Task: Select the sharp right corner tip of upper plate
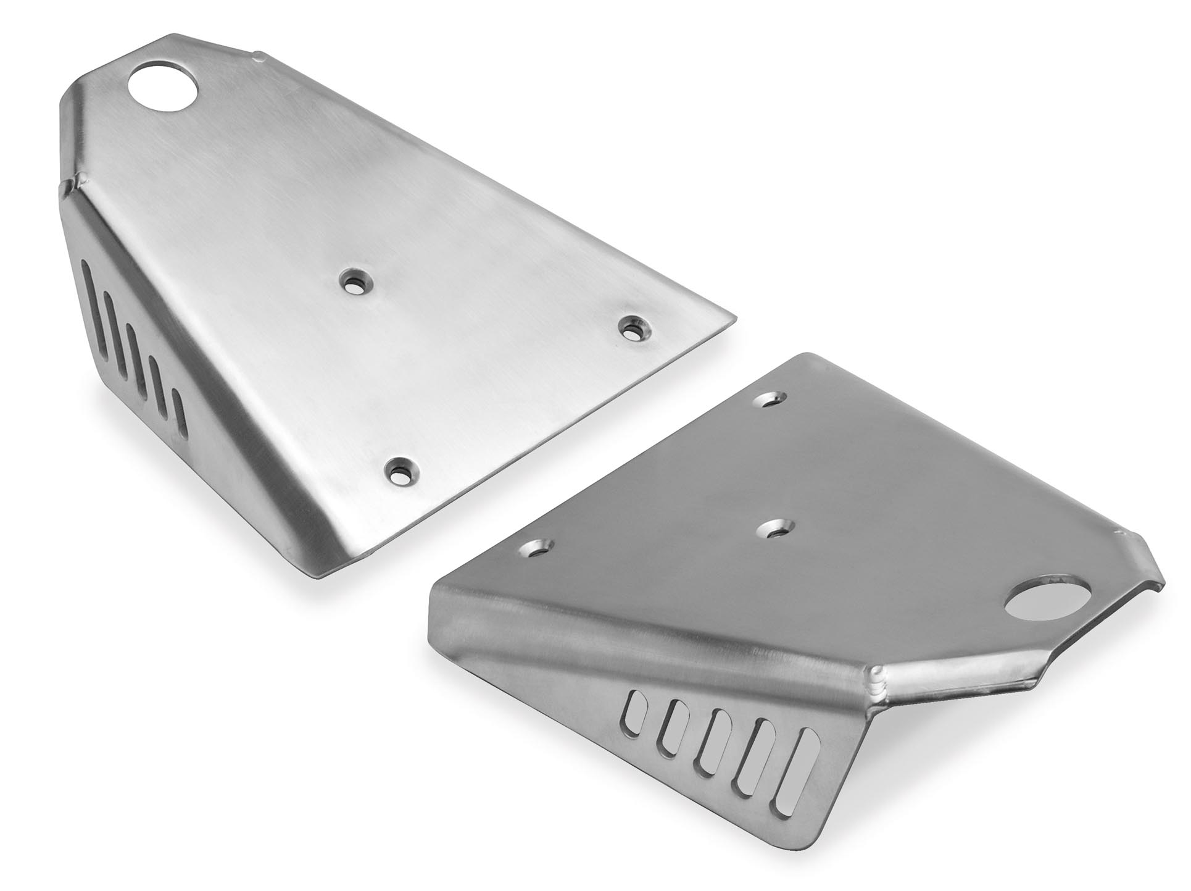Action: (735, 319)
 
